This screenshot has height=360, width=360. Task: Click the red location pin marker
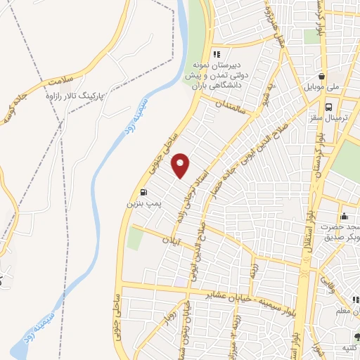(x=181, y=165)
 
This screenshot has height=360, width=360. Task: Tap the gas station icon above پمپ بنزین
(x=143, y=192)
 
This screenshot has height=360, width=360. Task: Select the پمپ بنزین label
(x=139, y=203)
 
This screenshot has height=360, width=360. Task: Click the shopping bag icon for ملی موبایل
(x=321, y=77)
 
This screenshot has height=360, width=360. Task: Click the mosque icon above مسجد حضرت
(x=344, y=216)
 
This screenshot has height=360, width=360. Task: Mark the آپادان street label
(x=172, y=240)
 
